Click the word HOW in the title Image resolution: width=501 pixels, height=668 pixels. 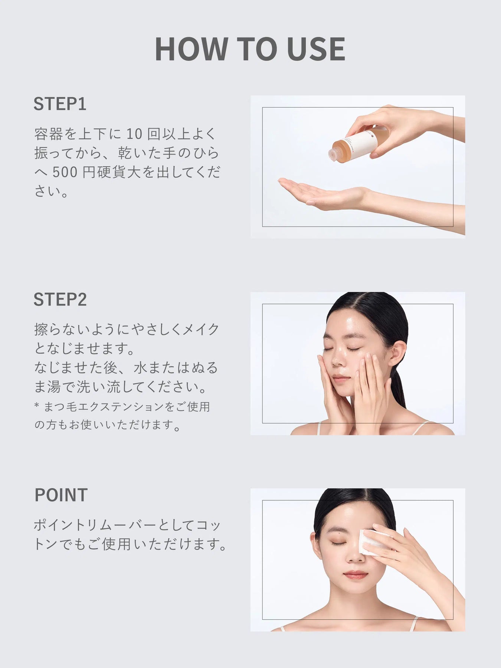click(191, 49)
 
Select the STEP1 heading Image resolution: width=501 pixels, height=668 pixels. click(60, 104)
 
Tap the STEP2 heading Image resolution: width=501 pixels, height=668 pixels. click(60, 299)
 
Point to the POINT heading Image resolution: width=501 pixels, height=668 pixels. click(61, 495)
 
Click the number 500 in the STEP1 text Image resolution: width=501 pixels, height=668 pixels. click(65, 173)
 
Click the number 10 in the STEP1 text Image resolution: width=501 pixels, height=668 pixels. click(134, 134)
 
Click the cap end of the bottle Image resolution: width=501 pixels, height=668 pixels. click(333, 153)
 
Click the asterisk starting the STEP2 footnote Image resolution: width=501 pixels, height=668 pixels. click(37, 405)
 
